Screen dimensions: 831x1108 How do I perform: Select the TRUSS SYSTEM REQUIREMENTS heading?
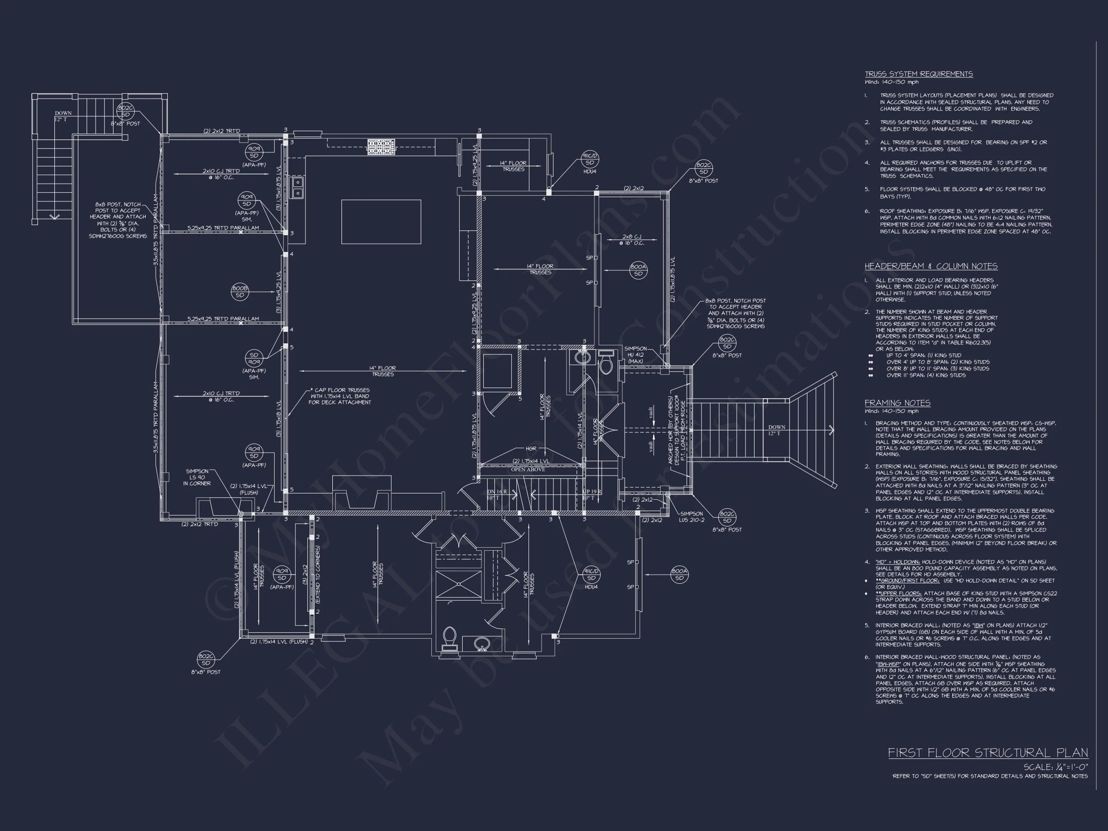[918, 74]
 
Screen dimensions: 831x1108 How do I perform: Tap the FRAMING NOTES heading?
[897, 403]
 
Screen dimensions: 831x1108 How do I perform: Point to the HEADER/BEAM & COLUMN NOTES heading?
[931, 266]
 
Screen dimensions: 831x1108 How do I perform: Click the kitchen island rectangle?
[381, 221]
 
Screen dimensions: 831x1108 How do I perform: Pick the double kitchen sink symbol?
[298, 188]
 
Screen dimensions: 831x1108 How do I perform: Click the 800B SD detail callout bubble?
[240, 292]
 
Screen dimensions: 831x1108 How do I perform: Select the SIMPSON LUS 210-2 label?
[691, 516]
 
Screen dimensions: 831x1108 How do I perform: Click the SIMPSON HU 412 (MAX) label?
[635, 354]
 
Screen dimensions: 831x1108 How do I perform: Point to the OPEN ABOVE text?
[528, 469]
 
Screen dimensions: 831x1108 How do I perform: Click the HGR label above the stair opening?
[531, 449]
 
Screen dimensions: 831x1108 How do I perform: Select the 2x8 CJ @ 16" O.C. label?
[631, 239]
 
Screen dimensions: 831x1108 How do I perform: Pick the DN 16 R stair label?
[497, 492]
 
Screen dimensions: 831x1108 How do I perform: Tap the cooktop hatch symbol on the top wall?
[381, 146]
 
